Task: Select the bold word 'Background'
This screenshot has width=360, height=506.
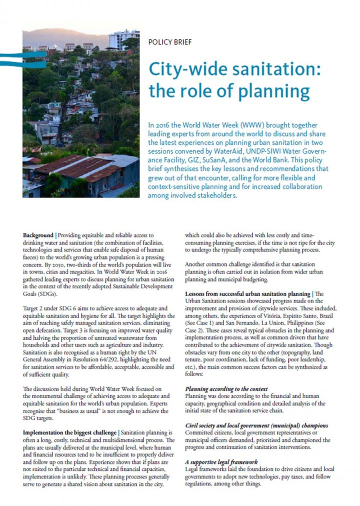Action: coord(38,234)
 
